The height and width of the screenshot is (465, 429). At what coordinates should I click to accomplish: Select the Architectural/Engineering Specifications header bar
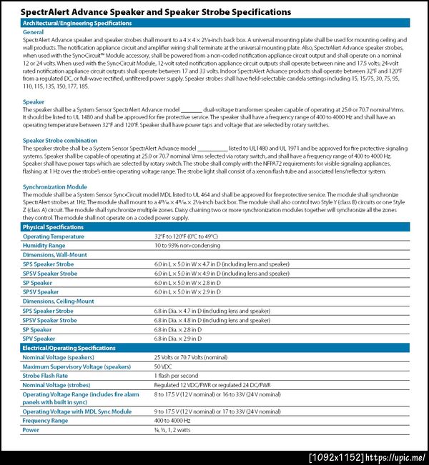point(214,24)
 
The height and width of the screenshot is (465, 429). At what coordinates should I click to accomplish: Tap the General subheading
point(33,32)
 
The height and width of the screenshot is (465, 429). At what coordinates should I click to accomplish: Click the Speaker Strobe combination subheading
point(60,141)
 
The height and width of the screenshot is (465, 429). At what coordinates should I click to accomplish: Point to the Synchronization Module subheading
point(55,186)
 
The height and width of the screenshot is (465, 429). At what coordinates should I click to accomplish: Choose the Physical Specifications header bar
point(214,227)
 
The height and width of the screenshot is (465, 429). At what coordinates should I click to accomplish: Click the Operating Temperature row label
point(53,236)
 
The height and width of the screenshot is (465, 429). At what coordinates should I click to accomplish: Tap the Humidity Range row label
point(44,245)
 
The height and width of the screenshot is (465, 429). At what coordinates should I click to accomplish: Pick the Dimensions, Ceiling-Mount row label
point(59,301)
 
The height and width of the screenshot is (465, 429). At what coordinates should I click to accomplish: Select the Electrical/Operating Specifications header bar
point(214,348)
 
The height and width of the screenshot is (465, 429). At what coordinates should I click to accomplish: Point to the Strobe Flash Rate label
point(45,375)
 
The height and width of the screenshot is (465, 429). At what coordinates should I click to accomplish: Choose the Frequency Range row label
point(45,421)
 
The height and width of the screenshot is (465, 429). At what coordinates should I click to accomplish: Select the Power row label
point(31,430)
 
